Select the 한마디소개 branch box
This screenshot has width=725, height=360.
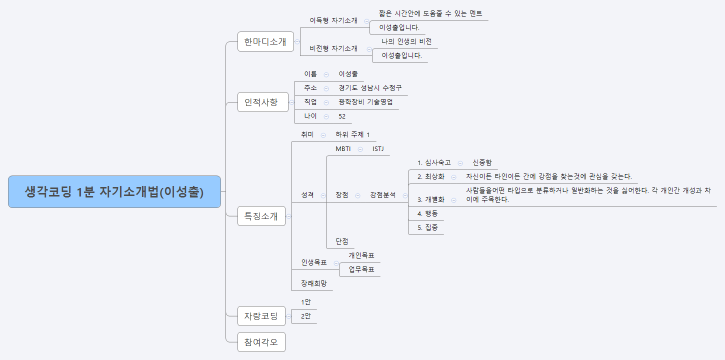tap(263, 41)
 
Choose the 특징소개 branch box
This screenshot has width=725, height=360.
tap(262, 216)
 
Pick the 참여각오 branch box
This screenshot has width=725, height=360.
tap(262, 341)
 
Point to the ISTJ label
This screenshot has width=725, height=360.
tap(377, 148)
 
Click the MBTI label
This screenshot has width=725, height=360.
tap(343, 148)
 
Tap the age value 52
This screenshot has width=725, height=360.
tap(342, 116)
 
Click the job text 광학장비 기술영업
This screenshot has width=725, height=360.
tap(365, 102)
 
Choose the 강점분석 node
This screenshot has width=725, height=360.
tap(383, 194)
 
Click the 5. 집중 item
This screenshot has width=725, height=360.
tap(427, 227)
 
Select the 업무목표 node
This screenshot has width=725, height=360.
tap(361, 269)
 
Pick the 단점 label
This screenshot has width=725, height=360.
tap(342, 241)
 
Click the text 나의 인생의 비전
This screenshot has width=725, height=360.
tap(406, 41)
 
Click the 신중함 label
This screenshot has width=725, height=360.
tap(482, 162)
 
